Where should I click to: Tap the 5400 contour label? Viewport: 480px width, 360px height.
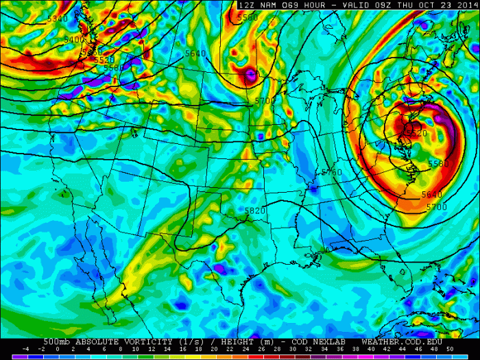click(x=73, y=40)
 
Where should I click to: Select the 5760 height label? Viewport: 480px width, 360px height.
click(x=332, y=172)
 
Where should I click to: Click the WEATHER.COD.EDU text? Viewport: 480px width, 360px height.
click(x=401, y=341)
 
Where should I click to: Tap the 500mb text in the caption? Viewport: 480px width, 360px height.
click(x=56, y=341)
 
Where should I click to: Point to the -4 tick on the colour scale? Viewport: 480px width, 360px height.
click(x=25, y=350)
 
